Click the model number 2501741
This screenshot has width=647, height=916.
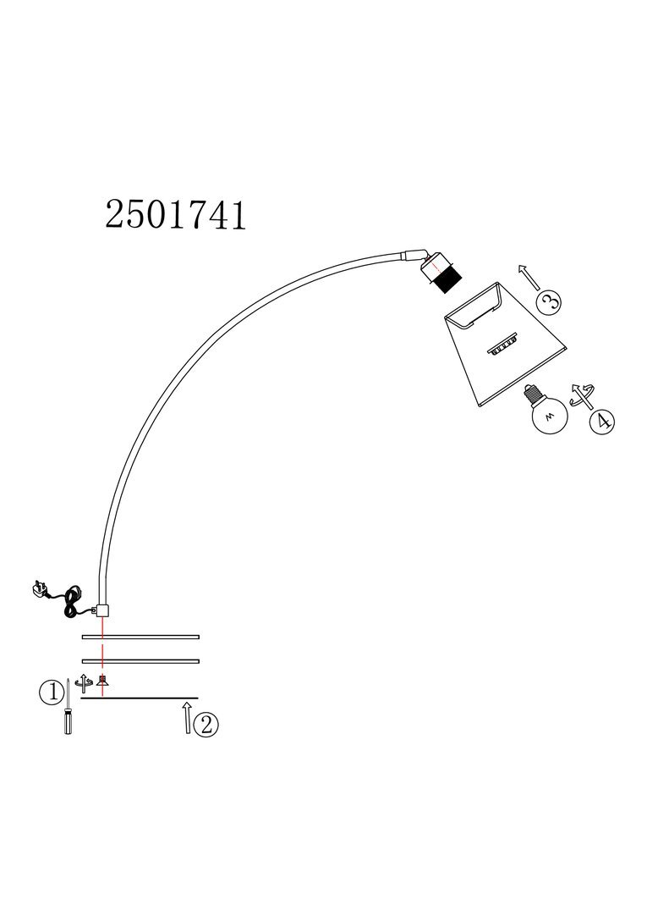coord(176,215)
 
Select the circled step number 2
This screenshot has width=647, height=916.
coord(206,725)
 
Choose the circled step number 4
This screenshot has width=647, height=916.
coord(602,422)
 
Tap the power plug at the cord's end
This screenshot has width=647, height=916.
coord(43,590)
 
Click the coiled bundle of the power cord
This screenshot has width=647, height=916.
coord(73,601)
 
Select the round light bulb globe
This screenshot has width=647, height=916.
coord(549,416)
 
